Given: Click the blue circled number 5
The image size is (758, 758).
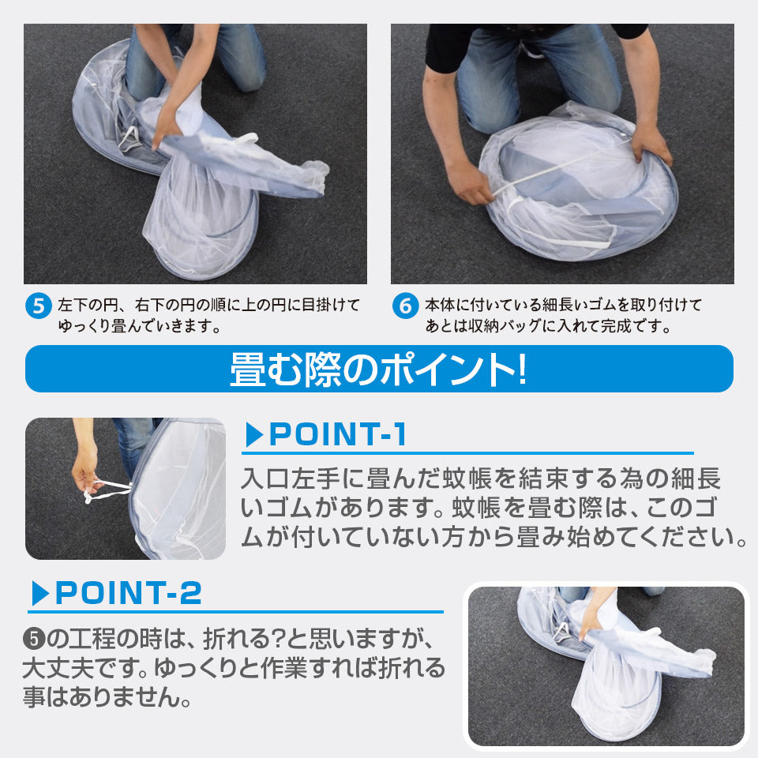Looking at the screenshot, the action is tap(38, 306).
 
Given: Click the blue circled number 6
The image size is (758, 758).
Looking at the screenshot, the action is tap(406, 306).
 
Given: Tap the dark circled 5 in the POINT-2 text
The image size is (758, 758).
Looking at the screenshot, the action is tap(34, 640).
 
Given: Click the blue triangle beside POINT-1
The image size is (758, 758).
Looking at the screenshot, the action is tap(253, 434).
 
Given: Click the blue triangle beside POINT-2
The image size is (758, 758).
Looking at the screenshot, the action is tap(40, 593).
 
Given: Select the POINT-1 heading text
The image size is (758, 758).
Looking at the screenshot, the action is tap(337, 434).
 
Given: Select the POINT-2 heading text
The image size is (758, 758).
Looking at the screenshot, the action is tap(128, 593).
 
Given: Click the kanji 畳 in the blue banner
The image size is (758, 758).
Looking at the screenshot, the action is tap(248, 370).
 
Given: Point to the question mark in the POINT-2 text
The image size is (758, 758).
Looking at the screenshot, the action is tap(277, 639).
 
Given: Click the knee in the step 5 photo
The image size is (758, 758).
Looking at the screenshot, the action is tap(250, 77).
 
